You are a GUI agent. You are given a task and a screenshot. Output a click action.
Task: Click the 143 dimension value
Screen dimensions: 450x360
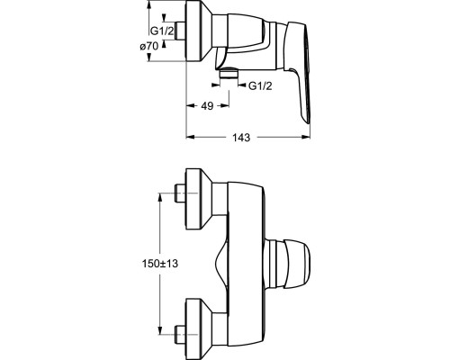coord(241,138)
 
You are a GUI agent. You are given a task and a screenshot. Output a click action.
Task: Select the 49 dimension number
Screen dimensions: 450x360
coord(207,105)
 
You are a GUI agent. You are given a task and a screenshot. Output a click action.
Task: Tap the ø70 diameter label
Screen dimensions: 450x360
coord(149,47)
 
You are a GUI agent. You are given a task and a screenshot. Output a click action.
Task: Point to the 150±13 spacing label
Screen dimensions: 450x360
coord(160,264)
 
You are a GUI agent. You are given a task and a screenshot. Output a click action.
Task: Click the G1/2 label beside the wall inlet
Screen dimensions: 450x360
coord(162,31)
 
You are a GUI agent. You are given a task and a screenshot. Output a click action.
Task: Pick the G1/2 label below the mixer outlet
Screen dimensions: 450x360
coord(260,86)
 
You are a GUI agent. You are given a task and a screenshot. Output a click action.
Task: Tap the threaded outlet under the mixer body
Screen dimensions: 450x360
coord(229,73)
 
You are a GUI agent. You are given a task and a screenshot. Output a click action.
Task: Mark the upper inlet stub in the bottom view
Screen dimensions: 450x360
coord(180,193)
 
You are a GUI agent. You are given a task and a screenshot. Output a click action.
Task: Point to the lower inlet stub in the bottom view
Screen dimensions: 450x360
coord(180,335)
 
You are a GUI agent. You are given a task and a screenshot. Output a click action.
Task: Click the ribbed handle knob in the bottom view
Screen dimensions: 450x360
coord(287,264)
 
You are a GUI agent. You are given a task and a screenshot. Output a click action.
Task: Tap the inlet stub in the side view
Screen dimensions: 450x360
coord(181,31)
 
